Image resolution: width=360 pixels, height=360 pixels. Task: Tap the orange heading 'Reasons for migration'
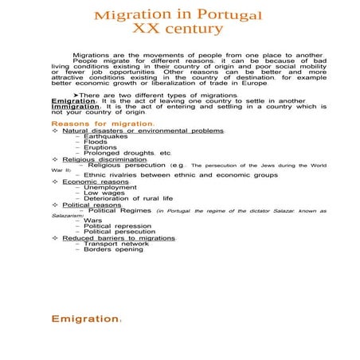pyautogui.click(x=102, y=124)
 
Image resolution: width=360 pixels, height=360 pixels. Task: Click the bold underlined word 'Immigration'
pyautogui.click(x=72, y=108)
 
